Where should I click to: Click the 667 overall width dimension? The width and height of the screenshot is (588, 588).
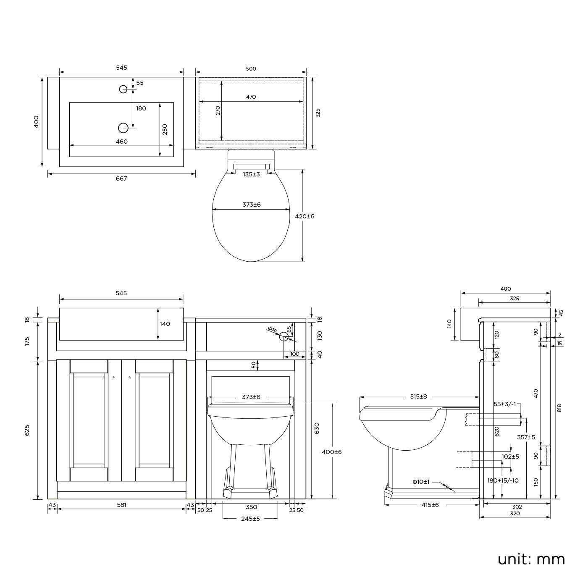click(121, 178)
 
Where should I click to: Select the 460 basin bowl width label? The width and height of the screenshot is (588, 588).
click(121, 142)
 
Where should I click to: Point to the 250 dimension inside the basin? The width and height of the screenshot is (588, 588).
click(165, 129)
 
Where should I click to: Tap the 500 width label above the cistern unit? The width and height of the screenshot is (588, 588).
click(251, 69)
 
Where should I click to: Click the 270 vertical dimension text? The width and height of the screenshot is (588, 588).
click(218, 110)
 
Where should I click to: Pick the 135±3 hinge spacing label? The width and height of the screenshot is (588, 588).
click(251, 174)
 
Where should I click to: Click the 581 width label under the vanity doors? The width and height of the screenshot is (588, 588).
click(121, 505)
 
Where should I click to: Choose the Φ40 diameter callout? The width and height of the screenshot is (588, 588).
click(272, 330)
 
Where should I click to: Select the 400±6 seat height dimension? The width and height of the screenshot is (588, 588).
click(332, 452)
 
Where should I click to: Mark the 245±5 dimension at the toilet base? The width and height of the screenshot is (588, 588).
click(250, 519)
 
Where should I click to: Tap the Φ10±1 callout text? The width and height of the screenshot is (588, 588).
click(421, 482)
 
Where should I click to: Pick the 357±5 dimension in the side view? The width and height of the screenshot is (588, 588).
click(526, 437)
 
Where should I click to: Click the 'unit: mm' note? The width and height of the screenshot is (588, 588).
click(531, 559)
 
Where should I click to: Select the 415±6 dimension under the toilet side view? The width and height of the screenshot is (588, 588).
click(430, 505)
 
